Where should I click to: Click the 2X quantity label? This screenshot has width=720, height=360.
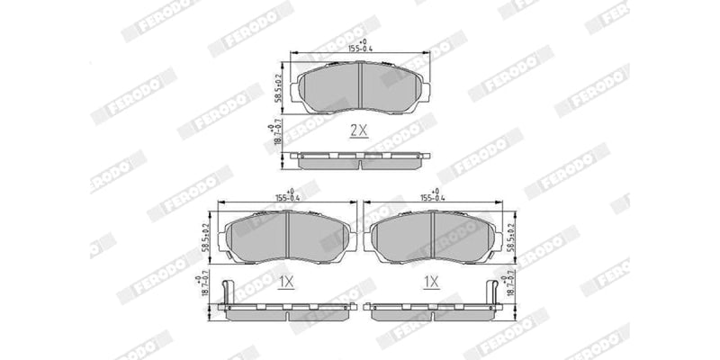pyautogui.click(x=358, y=130)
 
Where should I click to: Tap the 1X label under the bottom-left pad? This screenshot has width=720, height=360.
pyautogui.click(x=286, y=283)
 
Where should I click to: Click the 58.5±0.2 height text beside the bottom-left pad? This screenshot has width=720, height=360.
pyautogui.click(x=206, y=233)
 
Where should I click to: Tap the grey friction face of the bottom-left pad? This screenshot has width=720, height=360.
pyautogui.click(x=256, y=239)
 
